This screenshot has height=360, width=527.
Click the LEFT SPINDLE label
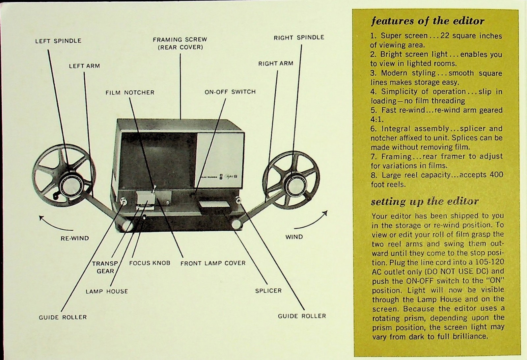pyautogui.click(x=58, y=41)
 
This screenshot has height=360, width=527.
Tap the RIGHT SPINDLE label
pyautogui.click(x=299, y=38)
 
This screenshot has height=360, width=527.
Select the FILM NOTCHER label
pyautogui.click(x=130, y=93)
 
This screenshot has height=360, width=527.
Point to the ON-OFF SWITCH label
pyautogui.click(x=230, y=92)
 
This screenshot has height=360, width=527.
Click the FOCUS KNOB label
pyautogui.click(x=150, y=263)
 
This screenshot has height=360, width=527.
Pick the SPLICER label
pyautogui.click(x=268, y=291)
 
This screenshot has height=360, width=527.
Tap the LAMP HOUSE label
pyautogui.click(x=106, y=291)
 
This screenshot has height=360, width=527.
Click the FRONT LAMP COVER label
pyautogui.click(x=213, y=263)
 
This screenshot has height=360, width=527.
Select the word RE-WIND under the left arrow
pyautogui.click(x=75, y=238)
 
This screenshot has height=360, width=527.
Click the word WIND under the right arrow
pyautogui.click(x=294, y=237)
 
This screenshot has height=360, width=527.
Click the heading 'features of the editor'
pyautogui.click(x=428, y=21)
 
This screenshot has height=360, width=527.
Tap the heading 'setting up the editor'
pyautogui.click(x=425, y=201)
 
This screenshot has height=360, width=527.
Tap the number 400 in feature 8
pyautogui.click(x=496, y=175)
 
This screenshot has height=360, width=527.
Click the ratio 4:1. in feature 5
pyautogui.click(x=377, y=119)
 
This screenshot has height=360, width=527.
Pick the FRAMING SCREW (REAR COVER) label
pyautogui.click(x=180, y=43)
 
